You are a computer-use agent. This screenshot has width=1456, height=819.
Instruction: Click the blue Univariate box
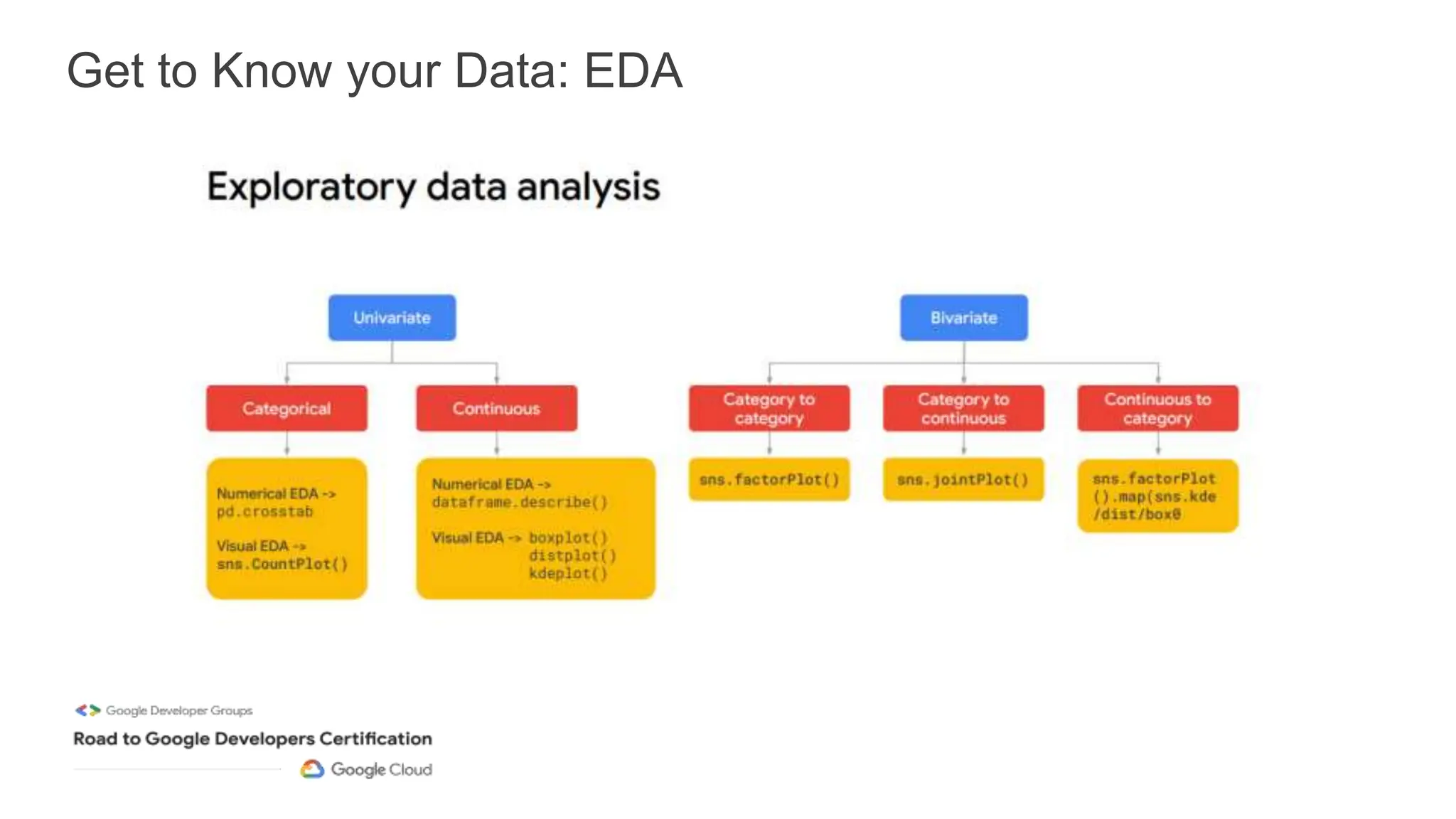(392, 318)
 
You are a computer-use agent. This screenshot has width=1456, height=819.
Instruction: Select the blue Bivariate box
(963, 318)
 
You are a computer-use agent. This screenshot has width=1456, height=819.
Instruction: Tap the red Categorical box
(287, 408)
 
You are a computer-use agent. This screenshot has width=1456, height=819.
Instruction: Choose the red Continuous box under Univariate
(496, 408)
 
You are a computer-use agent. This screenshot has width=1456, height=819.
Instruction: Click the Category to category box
(769, 408)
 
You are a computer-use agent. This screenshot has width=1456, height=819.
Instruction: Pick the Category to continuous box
(963, 408)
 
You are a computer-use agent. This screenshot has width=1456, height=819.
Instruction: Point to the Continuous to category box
(1157, 408)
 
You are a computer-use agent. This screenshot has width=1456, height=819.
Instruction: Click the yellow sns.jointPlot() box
(963, 480)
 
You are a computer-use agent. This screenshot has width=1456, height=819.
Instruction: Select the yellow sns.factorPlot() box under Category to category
(769, 480)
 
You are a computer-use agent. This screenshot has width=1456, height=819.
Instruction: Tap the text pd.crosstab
(264, 512)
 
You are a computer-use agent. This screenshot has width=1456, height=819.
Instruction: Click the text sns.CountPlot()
(282, 564)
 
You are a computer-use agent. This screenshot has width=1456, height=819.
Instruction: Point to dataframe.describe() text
(520, 503)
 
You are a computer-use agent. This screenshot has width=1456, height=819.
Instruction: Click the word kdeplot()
(568, 574)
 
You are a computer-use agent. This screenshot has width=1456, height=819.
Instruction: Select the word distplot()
(572, 556)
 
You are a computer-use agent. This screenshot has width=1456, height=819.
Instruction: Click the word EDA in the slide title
(633, 71)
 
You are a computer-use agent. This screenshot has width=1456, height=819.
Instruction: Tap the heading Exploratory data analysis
(433, 187)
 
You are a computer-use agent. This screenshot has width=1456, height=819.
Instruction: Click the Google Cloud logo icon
(312, 769)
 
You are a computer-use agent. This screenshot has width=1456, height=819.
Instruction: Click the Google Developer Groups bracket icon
(88, 710)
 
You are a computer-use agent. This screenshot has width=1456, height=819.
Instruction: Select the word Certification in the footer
(375, 739)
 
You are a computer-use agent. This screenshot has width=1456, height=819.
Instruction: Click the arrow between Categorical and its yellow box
(287, 444)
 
